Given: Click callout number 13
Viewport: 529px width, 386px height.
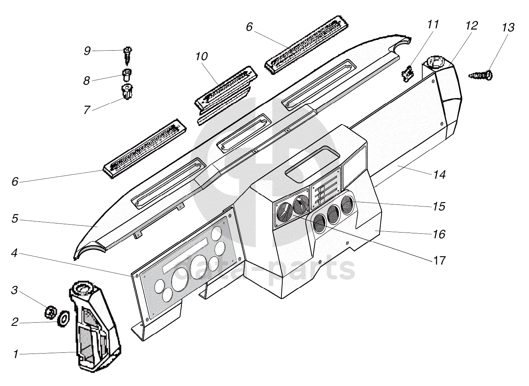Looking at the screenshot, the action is (x=508, y=28).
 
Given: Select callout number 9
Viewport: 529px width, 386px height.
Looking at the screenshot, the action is (x=87, y=51).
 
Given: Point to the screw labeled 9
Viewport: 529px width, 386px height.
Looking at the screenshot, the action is (x=128, y=56).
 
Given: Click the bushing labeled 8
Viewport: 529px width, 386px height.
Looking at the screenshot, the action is (x=127, y=75).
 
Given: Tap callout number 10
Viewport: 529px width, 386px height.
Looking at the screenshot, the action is (x=202, y=57).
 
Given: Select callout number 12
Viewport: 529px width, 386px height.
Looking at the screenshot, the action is (x=472, y=26).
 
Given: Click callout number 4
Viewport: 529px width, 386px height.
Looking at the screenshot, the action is (x=14, y=254).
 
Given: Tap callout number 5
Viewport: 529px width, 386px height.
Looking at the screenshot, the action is (x=15, y=219).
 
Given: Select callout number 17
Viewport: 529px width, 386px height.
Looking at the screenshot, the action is (x=439, y=261).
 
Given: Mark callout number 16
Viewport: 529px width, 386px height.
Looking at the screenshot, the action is (x=439, y=234).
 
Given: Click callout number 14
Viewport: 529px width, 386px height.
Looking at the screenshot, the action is (x=439, y=175).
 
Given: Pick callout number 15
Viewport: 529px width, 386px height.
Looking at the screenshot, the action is (x=439, y=206).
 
